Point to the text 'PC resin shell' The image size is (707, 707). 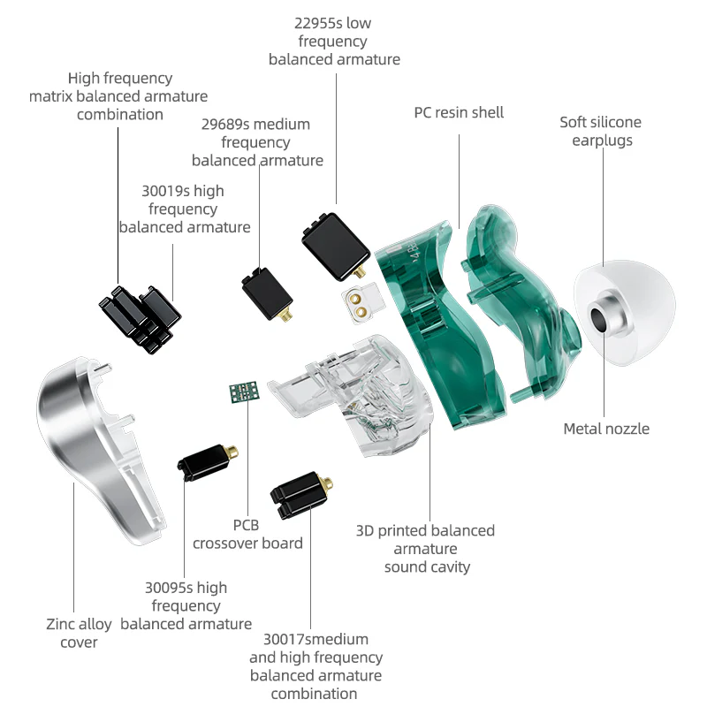click(x=459, y=112)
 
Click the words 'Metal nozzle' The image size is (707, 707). click(x=606, y=429)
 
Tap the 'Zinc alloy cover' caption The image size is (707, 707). click(x=79, y=633)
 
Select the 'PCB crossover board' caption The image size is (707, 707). click(x=247, y=534)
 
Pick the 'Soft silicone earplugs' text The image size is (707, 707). click(x=600, y=131)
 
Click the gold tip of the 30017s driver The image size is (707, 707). click(x=328, y=483)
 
